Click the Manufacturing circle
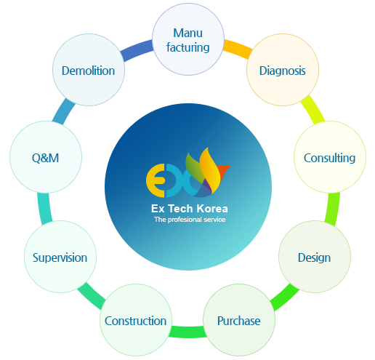188,39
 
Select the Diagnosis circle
283,70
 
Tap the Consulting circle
330,157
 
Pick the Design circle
315,257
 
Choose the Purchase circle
239,320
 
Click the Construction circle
136,320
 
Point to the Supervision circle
60,257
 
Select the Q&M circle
46,157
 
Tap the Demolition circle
89,70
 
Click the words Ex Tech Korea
190,209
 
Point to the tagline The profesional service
190,220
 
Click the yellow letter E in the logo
156,180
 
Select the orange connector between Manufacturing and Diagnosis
238,49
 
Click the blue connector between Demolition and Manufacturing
137,50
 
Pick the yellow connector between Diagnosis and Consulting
312,110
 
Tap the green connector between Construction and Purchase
187,332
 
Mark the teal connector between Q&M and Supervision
44,208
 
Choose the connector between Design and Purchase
285,297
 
